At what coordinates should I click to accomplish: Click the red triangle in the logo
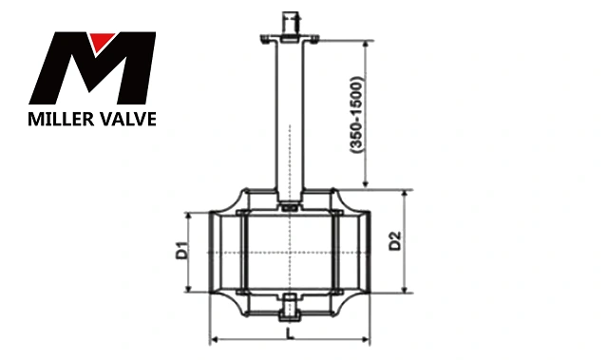point(101,41)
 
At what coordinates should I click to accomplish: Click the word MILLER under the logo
point(59,119)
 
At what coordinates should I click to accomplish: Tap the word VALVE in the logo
point(125,119)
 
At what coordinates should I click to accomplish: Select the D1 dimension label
point(181,251)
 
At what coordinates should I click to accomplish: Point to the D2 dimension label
point(395,241)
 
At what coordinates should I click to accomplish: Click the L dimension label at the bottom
point(290,333)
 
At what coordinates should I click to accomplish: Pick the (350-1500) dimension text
point(357,115)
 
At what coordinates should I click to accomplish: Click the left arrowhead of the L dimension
point(213,340)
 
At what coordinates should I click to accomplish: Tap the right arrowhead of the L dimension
point(366,340)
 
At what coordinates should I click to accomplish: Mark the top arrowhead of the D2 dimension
point(406,194)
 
